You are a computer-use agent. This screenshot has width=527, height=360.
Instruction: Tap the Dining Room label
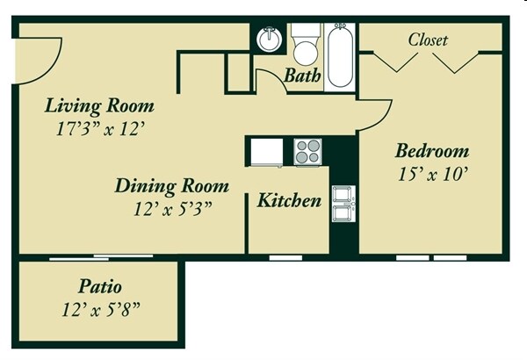172,186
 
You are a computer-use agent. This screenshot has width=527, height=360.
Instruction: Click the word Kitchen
288,201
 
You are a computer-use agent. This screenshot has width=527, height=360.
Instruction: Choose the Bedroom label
430,150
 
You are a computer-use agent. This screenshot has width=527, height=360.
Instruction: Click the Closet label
428,40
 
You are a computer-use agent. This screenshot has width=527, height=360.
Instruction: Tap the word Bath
301,76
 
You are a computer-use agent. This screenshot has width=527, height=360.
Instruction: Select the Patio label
99,287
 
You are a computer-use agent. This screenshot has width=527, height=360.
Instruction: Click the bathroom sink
268,40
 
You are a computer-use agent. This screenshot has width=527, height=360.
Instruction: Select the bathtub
339,57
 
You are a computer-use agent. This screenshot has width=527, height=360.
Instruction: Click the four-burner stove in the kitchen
308,152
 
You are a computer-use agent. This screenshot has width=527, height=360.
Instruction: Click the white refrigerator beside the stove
269,152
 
